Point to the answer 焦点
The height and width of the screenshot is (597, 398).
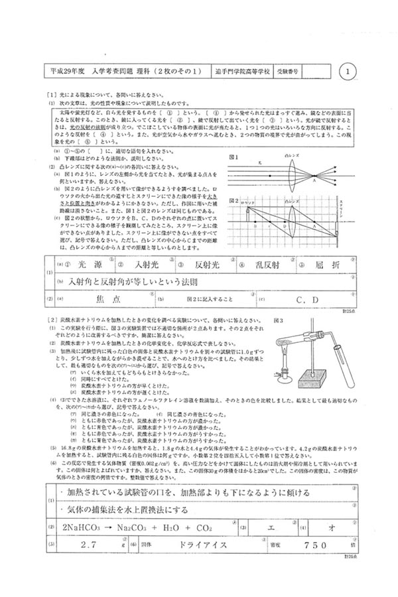pos(105,299)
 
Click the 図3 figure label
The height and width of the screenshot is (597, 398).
pos(279,320)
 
